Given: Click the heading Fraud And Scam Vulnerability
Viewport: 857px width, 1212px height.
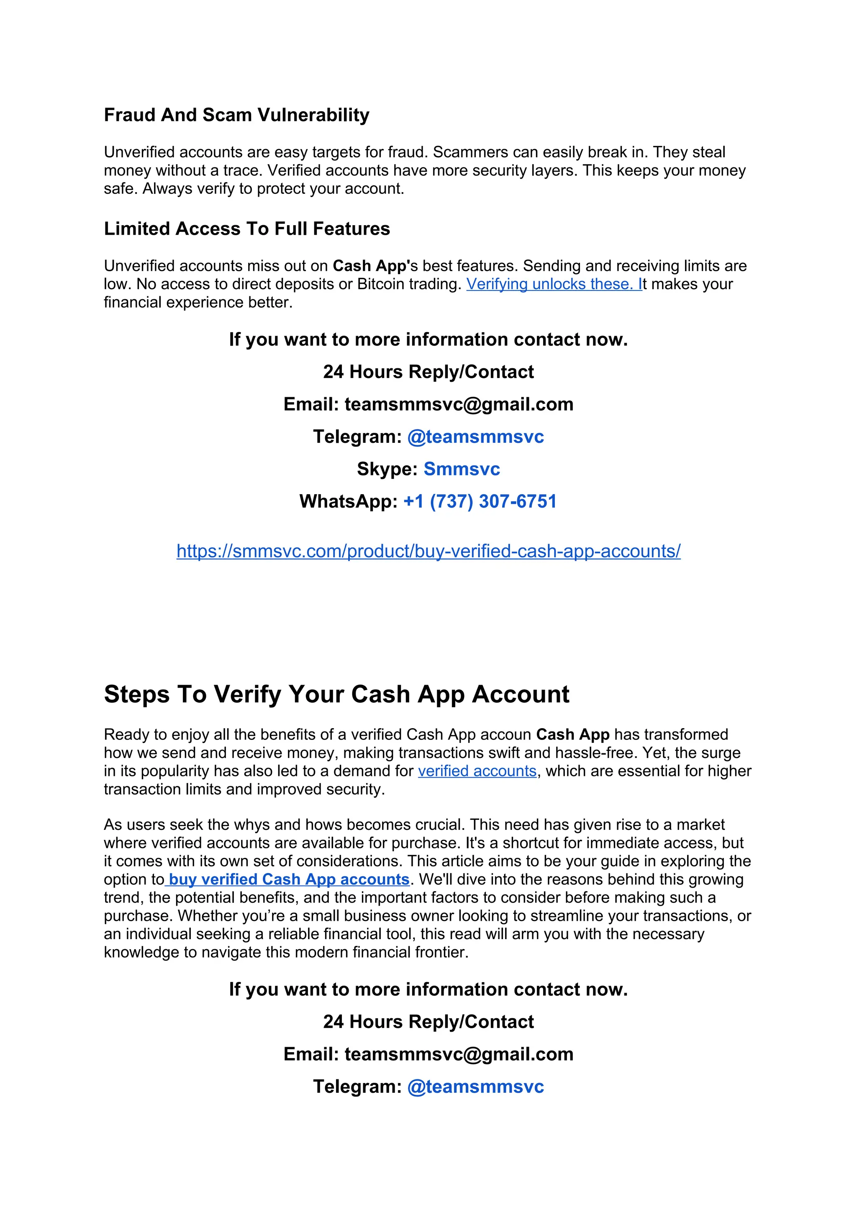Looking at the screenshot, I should [x=236, y=115].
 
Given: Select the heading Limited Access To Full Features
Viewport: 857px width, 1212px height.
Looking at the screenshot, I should [x=246, y=229].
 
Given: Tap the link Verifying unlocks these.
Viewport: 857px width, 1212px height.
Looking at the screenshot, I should [x=553, y=284].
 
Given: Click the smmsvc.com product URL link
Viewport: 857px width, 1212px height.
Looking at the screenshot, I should [x=428, y=551].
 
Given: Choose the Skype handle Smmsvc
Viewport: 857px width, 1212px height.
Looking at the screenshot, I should [x=461, y=469].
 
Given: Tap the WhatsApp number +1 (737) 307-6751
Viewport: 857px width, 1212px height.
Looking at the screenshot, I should [x=480, y=501].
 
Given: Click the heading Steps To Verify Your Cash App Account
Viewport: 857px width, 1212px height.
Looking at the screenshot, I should [x=336, y=694].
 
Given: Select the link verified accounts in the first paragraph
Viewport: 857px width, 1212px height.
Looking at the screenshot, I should [x=477, y=771].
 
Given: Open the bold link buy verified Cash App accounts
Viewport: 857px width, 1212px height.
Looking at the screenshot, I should [x=289, y=879].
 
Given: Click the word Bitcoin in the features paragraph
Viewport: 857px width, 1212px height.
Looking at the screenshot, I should [x=379, y=284].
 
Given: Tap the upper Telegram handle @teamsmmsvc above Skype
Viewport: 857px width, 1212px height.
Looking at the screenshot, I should [x=475, y=437].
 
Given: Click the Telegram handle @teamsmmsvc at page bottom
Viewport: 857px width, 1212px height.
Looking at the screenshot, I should [x=475, y=1086].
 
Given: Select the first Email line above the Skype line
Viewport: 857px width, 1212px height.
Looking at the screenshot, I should [x=428, y=404].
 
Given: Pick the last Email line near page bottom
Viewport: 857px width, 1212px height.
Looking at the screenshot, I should [x=428, y=1054].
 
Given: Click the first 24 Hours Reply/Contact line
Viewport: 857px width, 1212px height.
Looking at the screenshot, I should [x=428, y=372].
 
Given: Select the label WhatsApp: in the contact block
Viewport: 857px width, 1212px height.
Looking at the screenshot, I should [x=348, y=501].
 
